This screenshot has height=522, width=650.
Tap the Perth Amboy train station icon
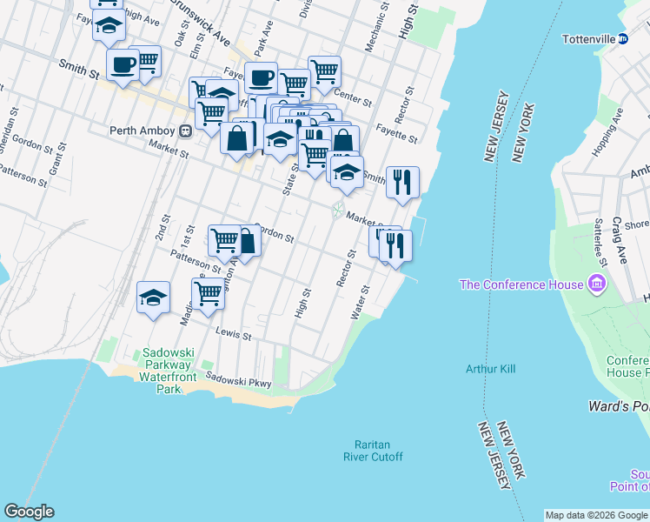coord(185,131)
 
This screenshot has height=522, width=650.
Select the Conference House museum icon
coord(597,284)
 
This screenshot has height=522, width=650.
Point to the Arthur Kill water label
coord(490,369)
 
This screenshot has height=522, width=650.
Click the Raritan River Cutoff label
coord(373,451)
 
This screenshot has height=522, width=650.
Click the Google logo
coord(29,512)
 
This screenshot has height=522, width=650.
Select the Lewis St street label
coord(234,334)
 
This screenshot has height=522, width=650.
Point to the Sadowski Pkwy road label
coord(239,379)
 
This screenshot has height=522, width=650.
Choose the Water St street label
coord(361,302)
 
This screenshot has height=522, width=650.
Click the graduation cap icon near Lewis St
coord(153,298)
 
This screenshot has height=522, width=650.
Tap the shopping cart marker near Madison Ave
coord(208,293)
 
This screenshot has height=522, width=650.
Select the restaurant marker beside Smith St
coord(402,182)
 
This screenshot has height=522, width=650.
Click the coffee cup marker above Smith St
coord(123,64)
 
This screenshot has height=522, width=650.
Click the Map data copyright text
coord(596,515)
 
